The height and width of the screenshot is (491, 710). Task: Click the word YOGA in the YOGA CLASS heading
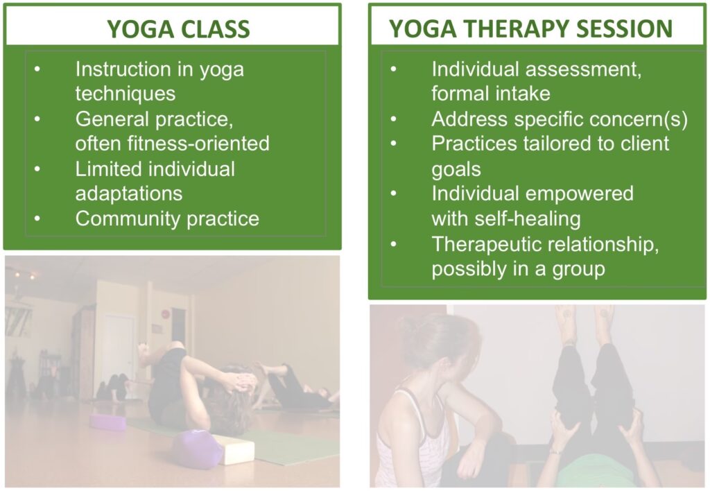coord(140,29)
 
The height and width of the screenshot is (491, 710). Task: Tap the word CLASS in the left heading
coord(215,29)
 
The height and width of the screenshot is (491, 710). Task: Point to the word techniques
coord(125,94)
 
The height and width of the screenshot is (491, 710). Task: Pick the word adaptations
coord(128,194)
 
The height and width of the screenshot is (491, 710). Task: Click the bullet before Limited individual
coord(37,169)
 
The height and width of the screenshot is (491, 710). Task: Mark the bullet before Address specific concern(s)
coord(394,119)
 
